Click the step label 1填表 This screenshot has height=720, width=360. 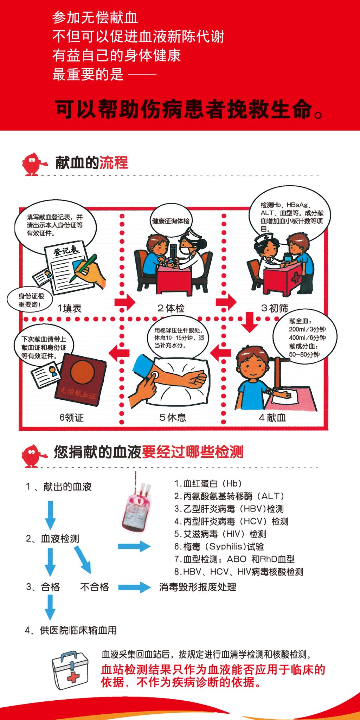[x=70, y=308]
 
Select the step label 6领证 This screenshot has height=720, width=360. [x=72, y=418]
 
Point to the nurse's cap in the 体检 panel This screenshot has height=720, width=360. [x=192, y=233]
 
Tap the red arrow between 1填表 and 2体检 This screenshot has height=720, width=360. [x=125, y=302]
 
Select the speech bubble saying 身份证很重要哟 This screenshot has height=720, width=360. [x=30, y=300]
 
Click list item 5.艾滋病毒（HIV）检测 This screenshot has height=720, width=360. [x=220, y=534]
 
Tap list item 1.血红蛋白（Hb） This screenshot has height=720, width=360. [x=208, y=483]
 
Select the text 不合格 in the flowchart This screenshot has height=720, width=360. [x=95, y=587]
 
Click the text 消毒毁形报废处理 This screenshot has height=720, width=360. [x=198, y=587]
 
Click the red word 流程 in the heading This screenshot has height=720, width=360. [x=114, y=163]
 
